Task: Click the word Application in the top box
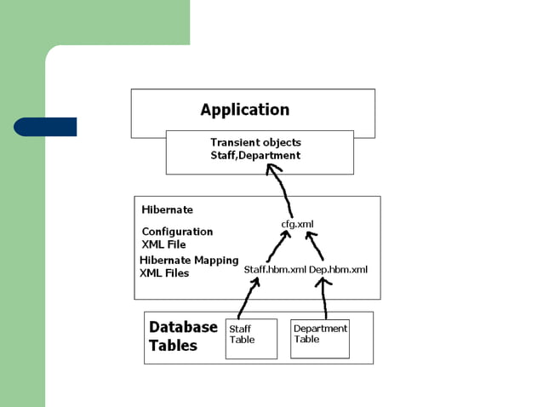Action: [244, 110]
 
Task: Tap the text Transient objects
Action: [255, 142]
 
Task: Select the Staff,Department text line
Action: [255, 156]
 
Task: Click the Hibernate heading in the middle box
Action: [167, 209]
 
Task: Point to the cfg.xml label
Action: [298, 224]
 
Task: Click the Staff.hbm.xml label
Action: [275, 270]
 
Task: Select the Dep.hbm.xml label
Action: [339, 270]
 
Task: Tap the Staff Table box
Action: [251, 338]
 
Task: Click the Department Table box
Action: [320, 338]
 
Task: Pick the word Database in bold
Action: [183, 327]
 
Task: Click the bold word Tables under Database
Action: [173, 346]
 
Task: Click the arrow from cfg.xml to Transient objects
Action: [280, 189]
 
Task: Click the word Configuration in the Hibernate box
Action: [177, 232]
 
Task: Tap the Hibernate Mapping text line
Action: [189, 261]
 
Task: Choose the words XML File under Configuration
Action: [163, 244]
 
